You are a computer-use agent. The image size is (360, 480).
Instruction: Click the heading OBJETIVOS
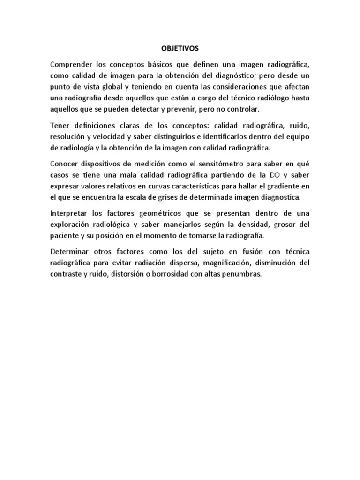pyautogui.click(x=180, y=48)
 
